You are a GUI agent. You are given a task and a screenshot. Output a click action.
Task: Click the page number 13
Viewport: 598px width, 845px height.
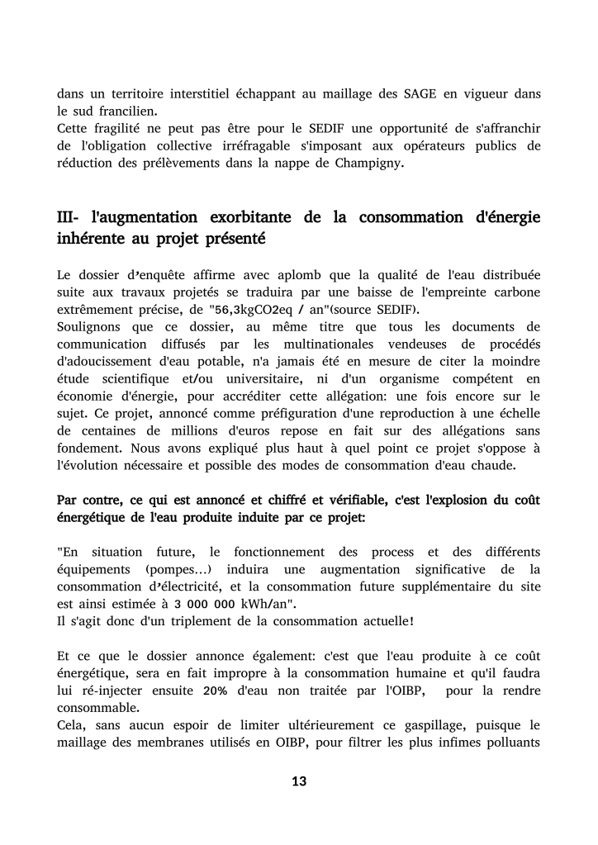point(299,781)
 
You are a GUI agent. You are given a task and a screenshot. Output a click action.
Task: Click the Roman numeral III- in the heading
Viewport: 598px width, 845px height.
point(67,217)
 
